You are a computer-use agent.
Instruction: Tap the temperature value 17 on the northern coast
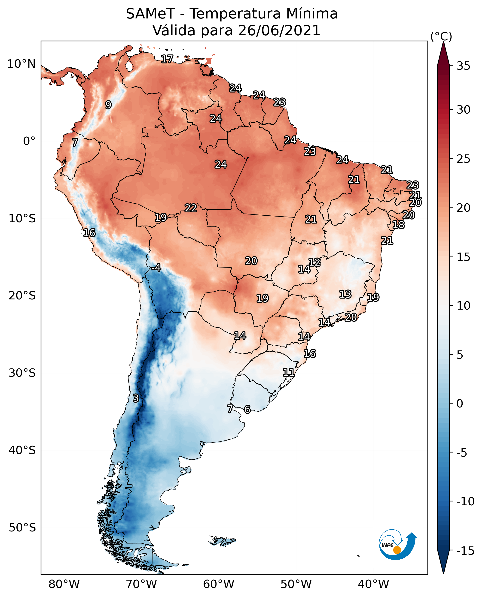[167, 59]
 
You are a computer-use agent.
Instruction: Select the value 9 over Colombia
[108, 105]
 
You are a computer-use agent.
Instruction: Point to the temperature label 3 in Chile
[135, 398]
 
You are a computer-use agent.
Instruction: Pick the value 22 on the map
[191, 208]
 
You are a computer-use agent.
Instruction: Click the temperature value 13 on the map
[345, 294]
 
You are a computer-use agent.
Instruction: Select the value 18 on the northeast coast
[398, 225]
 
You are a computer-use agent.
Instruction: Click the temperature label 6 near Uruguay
[247, 409]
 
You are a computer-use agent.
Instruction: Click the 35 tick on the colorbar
[463, 66]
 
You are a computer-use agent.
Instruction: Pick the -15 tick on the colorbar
[465, 551]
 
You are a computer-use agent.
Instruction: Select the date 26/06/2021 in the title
[279, 30]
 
